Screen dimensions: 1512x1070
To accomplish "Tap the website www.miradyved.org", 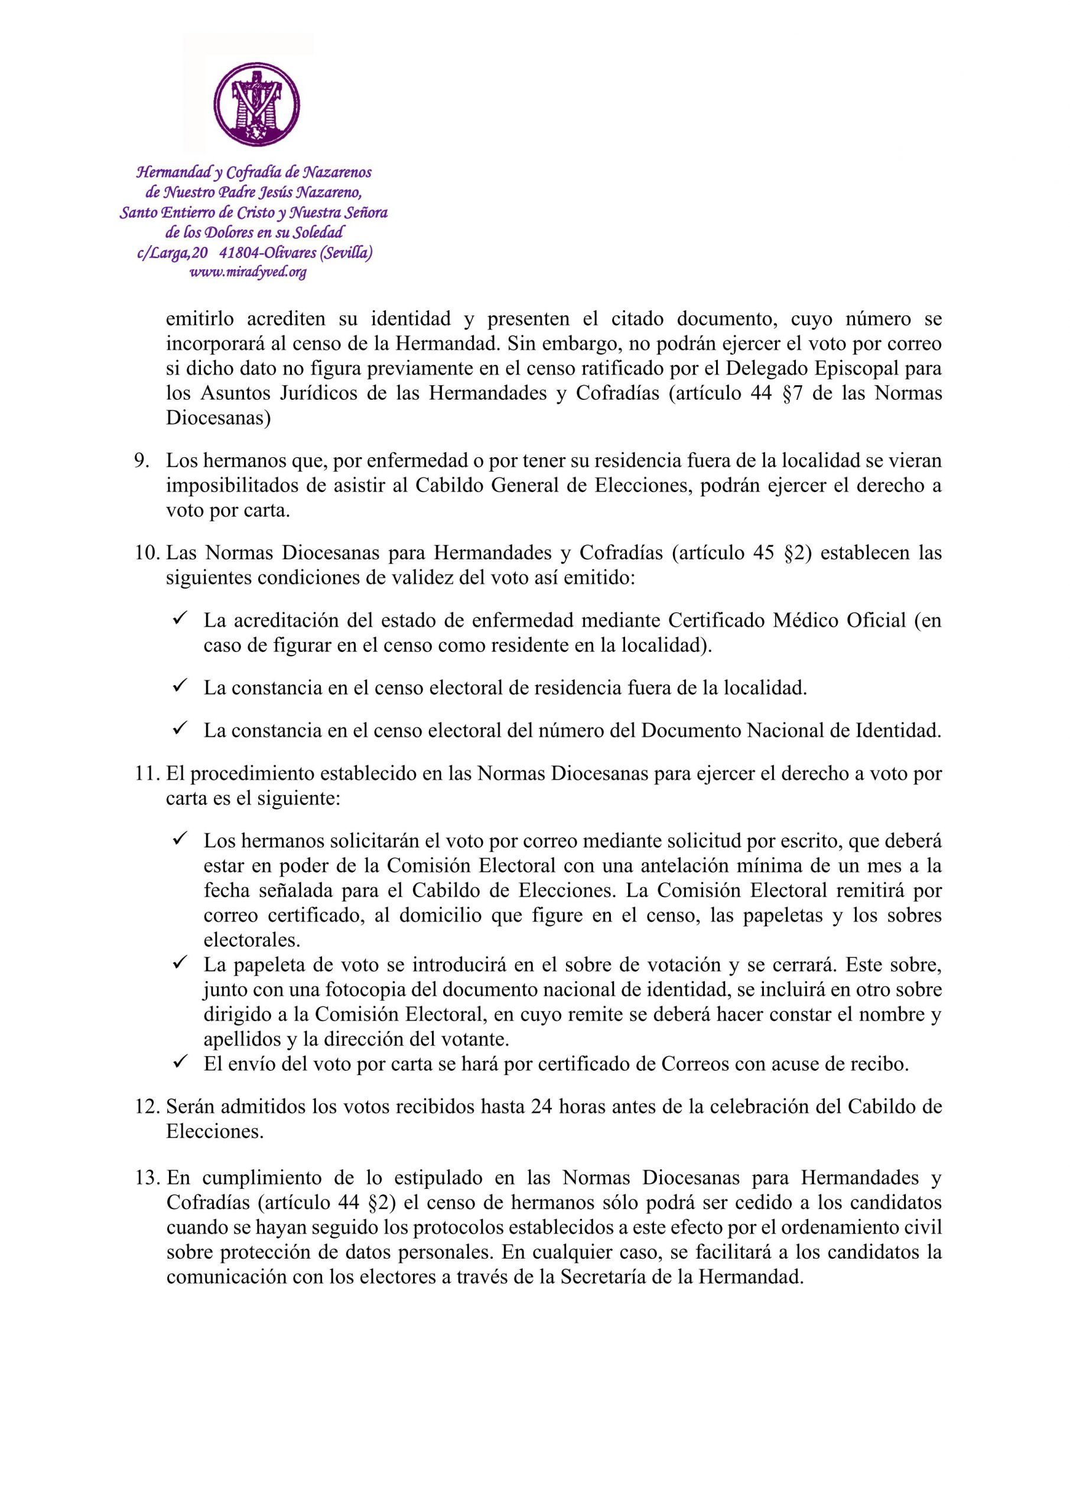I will coord(248,272).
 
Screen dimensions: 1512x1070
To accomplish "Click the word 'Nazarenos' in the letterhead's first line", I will coord(337,172).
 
